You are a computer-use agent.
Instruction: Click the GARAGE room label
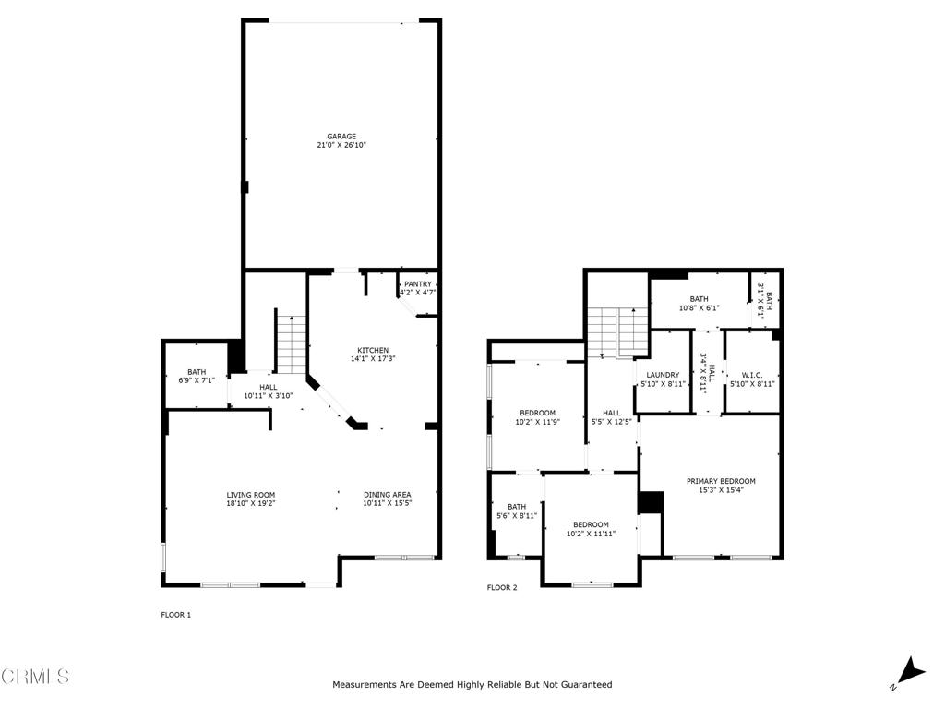(x=341, y=136)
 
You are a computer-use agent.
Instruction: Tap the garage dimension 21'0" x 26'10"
(x=341, y=145)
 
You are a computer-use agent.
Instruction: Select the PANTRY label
(x=417, y=284)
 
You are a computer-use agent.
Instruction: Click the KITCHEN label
(x=373, y=350)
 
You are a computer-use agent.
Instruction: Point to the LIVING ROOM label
(x=251, y=495)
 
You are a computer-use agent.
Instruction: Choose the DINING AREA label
(x=387, y=495)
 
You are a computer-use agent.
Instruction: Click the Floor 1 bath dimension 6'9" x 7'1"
(x=196, y=379)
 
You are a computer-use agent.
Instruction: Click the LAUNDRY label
(x=663, y=375)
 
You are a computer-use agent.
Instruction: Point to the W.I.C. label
(x=752, y=375)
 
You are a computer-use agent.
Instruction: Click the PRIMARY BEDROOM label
(x=721, y=481)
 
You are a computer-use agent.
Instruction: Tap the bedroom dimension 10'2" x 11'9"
(x=537, y=422)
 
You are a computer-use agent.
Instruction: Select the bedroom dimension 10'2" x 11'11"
(x=591, y=534)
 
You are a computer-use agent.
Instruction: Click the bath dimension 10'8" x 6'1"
(x=699, y=308)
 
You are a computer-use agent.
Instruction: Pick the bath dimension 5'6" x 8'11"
(x=517, y=515)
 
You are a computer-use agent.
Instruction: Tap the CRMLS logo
(x=35, y=677)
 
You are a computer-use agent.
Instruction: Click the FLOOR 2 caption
(x=502, y=587)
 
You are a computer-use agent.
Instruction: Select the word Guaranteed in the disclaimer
(x=582, y=685)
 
